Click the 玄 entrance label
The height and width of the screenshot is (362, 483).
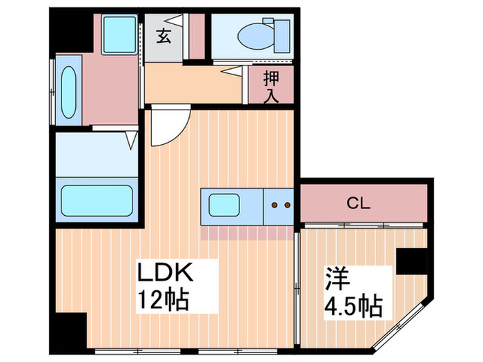pyautogui.click(x=164, y=36)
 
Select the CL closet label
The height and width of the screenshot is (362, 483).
pyautogui.click(x=359, y=203)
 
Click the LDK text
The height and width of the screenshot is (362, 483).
pyautogui.click(x=168, y=274)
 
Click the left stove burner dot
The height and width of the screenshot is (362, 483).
pyautogui.click(x=275, y=205)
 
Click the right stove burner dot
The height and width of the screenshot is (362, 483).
pyautogui.click(x=288, y=205)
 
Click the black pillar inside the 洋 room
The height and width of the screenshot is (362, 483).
pyautogui.click(x=413, y=261)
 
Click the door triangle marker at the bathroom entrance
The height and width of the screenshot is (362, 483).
pyautogui.click(x=130, y=142)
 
